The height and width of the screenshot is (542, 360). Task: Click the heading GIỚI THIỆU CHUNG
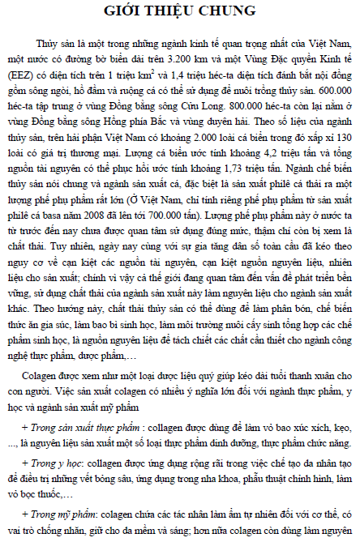pos(180,12)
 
